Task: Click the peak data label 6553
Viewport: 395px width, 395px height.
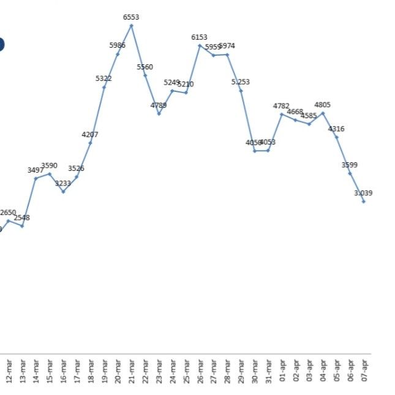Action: [x=131, y=18]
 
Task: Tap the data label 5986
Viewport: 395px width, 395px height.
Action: [x=118, y=45]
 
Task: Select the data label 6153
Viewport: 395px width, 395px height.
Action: [x=200, y=37]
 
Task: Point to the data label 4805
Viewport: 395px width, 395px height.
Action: [x=323, y=105]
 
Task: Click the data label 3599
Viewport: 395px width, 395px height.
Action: [x=350, y=165]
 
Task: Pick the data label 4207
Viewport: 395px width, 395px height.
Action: [x=90, y=135]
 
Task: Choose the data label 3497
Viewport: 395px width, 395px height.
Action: [x=36, y=170]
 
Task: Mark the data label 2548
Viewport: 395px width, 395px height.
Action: [x=22, y=217]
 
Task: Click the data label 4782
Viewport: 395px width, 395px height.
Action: [x=282, y=106]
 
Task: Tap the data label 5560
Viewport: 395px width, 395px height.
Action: [x=145, y=67]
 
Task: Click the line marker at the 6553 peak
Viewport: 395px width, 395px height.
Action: [x=131, y=25]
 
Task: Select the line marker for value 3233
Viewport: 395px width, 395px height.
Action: [x=63, y=192]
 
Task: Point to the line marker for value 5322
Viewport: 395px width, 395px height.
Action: [x=104, y=87]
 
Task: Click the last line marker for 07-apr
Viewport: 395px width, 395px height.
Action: [x=364, y=201]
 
